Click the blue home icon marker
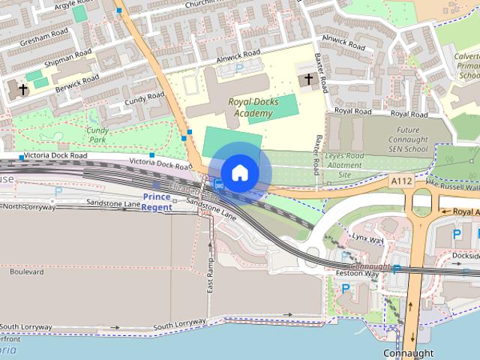coord(239,172)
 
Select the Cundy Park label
coord(98,134)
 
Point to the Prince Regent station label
coord(157,202)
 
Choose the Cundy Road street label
coord(145,98)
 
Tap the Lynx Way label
coord(367,239)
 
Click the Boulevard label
coord(27,273)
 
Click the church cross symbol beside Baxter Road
coord(307,79)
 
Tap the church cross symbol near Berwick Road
coord(22,89)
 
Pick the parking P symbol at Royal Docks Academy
coord(239,67)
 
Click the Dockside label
coord(465,255)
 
